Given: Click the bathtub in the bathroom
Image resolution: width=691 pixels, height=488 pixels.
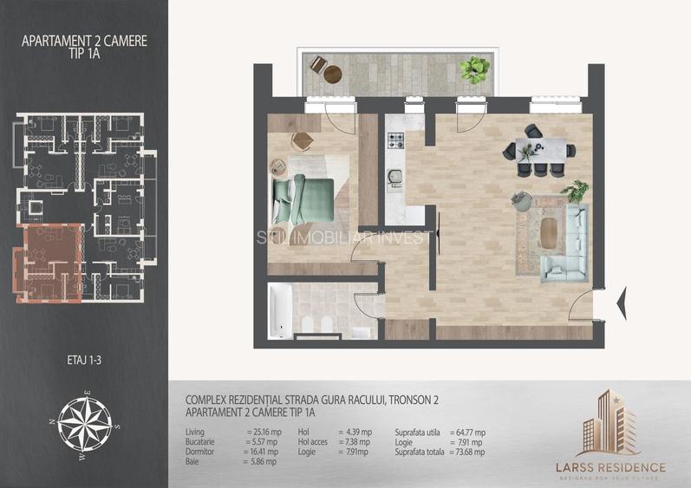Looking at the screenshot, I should point(280,311).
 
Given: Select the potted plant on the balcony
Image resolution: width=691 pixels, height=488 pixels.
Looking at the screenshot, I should point(473,68).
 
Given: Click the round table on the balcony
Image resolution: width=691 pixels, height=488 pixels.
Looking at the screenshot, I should point(333,75).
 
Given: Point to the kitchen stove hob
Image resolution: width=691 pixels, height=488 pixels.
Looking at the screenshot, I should point(395,140).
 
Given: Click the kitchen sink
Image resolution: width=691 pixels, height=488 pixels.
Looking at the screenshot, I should point(395,178).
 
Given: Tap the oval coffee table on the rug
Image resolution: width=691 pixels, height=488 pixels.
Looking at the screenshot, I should point(550,231).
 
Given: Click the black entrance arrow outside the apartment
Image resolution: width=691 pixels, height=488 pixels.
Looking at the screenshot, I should point(620,303).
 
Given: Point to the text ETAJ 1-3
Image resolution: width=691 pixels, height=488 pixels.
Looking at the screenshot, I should point(84,356).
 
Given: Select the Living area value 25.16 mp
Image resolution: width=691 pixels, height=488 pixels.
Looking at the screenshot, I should point(262,432).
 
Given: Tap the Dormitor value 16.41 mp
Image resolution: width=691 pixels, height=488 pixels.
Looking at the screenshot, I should point(262,452).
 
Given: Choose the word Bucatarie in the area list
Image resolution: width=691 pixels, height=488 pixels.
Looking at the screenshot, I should point(201,442).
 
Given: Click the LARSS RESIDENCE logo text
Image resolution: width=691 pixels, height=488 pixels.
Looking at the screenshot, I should point(610,468).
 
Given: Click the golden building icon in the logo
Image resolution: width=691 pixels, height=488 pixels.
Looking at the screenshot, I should point(610,424).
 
